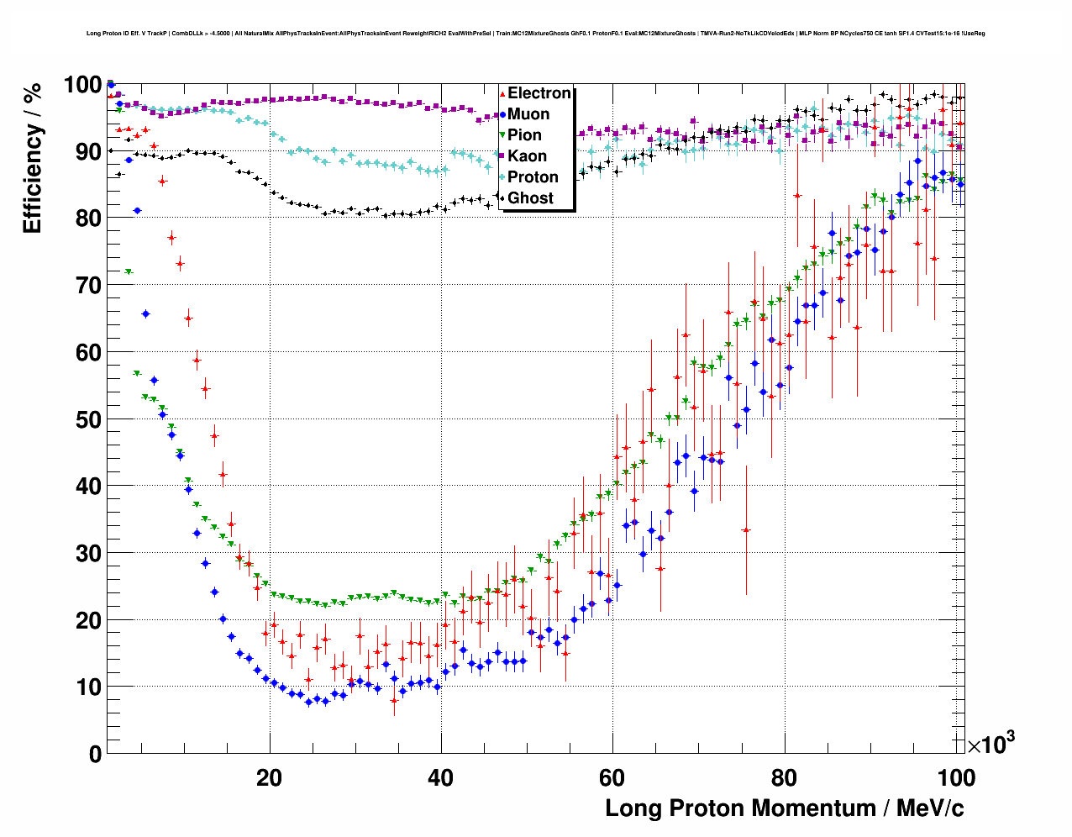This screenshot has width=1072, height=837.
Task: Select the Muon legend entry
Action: pyautogui.click(x=528, y=114)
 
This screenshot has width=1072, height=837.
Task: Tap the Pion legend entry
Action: pyautogui.click(x=524, y=135)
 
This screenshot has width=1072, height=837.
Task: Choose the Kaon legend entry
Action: pyautogui.click(x=527, y=156)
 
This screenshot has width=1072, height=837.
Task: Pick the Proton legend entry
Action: pyautogui.click(x=533, y=177)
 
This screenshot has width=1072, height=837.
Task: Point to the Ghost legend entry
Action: pyautogui.click(x=530, y=198)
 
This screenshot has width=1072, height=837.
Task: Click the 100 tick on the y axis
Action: pyautogui.click(x=82, y=85)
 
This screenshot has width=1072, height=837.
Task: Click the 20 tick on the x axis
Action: pyautogui.click(x=269, y=777)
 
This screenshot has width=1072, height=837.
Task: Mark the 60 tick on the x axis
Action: pyautogui.click(x=612, y=777)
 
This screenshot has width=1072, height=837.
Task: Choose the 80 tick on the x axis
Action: pyautogui.click(x=784, y=777)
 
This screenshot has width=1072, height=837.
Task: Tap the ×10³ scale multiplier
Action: pyautogui.click(x=991, y=745)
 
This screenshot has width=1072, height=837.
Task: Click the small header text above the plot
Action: pyautogui.click(x=535, y=34)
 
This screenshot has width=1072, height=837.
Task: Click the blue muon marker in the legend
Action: pyautogui.click(x=502, y=114)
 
